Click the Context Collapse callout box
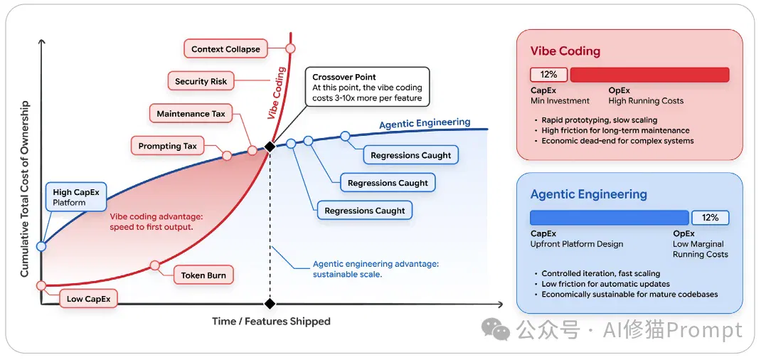click(225, 49)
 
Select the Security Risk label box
click(201, 82)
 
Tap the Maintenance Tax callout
click(191, 114)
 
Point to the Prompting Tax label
click(168, 146)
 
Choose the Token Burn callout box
click(203, 275)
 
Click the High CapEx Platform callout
click(75, 197)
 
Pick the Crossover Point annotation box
click(368, 87)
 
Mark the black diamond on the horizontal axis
click(270, 304)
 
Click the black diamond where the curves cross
click(270, 146)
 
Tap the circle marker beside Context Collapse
click(291, 48)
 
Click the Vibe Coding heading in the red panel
click(565, 51)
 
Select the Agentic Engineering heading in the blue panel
click(589, 194)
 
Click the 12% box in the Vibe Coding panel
click(548, 75)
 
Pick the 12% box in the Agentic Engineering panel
click(711, 218)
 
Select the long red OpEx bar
click(650, 75)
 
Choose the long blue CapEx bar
click(610, 218)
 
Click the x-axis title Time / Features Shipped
click(271, 322)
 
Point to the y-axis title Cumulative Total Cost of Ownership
click(24, 189)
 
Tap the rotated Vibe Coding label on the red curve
click(277, 93)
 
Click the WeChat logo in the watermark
click(495, 330)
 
